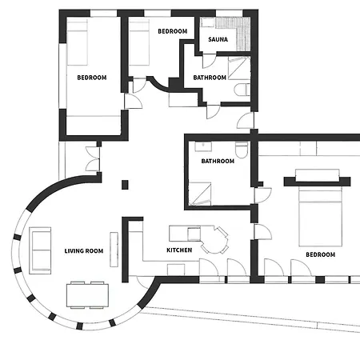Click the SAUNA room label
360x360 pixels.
[x=218, y=39]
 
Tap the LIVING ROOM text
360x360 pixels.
[x=84, y=251]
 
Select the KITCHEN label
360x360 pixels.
[x=179, y=250]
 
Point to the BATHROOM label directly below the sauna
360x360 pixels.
[x=210, y=78]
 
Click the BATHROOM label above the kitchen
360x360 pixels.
[x=218, y=161]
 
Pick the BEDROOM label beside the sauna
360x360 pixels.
[x=173, y=31]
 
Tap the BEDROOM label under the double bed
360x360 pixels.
[x=320, y=254]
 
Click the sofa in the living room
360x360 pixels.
[x=40, y=250]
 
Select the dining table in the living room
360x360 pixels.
[x=87, y=295]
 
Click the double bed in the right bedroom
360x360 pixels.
[x=320, y=216]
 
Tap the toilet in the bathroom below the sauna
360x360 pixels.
[x=242, y=90]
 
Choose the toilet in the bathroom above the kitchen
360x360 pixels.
[x=242, y=150]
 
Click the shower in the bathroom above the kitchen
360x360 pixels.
[x=200, y=194]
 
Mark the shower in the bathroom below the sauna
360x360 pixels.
[x=239, y=68]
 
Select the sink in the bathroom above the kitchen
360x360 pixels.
[x=203, y=146]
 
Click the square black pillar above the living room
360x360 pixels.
[x=125, y=185]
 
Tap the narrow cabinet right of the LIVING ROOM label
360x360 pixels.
[x=114, y=250]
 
